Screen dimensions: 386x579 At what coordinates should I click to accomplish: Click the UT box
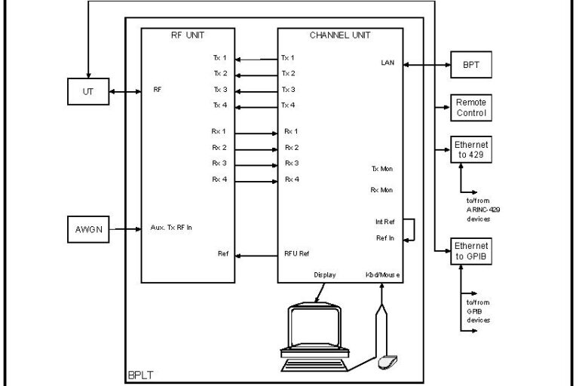pyautogui.click(x=87, y=93)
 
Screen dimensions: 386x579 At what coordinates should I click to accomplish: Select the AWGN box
pyautogui.click(x=87, y=228)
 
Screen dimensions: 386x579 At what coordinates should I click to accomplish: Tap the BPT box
pyautogui.click(x=471, y=65)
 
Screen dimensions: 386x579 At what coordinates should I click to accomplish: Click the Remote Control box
pyautogui.click(x=471, y=108)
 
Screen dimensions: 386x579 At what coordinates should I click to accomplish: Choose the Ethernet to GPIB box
pyautogui.click(x=471, y=252)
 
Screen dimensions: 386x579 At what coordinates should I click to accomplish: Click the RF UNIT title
pyautogui.click(x=188, y=35)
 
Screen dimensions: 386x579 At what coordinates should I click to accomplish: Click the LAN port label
pyautogui.click(x=388, y=63)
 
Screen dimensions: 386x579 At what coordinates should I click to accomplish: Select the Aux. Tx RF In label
pyautogui.click(x=171, y=227)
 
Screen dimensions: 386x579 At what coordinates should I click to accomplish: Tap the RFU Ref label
pyautogui.click(x=296, y=254)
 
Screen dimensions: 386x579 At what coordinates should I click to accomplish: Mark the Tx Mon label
pyautogui.click(x=381, y=169)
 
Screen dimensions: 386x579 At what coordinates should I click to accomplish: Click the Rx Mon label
pyautogui.click(x=381, y=190)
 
